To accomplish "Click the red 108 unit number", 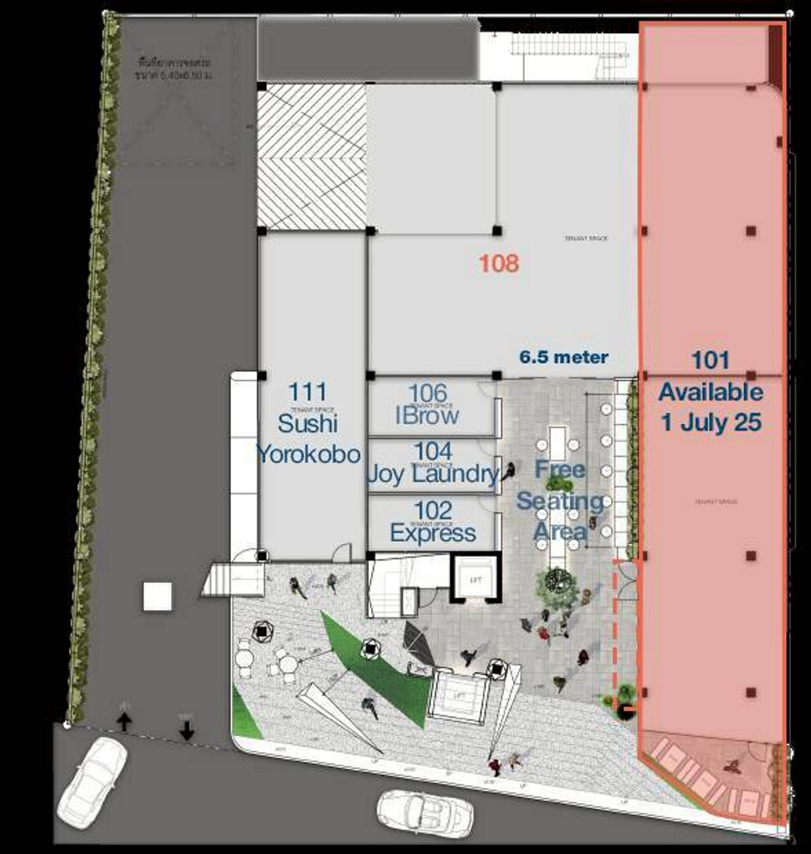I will [x=499, y=263].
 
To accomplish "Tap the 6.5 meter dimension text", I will [x=564, y=357].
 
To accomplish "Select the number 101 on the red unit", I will [x=710, y=360].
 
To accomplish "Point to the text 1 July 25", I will [x=711, y=423].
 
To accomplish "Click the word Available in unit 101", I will [x=711, y=392].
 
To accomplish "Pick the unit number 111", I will [x=308, y=392].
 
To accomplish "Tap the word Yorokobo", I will [x=308, y=454].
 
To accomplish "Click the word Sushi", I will [x=308, y=423].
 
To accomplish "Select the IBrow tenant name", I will [x=427, y=415].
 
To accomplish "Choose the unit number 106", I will [x=428, y=393].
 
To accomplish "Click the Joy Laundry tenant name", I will [x=433, y=474].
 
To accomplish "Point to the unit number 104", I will [x=433, y=451].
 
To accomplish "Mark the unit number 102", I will [x=433, y=511].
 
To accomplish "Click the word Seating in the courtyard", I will [x=560, y=501].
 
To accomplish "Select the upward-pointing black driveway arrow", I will [x=124, y=721].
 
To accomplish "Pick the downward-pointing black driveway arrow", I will [x=187, y=730].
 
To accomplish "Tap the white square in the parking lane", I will [x=157, y=597].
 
